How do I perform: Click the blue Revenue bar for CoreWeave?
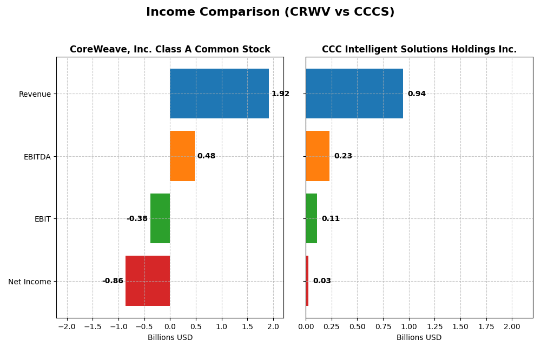point(219,94)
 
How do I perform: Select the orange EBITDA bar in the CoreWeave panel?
point(182,156)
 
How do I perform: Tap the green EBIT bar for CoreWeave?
point(160,218)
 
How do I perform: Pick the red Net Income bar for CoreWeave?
point(148,281)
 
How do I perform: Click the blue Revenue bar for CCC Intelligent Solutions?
point(354,94)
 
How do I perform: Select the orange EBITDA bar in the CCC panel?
point(318,156)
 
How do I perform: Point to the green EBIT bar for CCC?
point(311,218)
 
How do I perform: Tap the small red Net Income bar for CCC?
point(307,281)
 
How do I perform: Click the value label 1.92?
point(280,94)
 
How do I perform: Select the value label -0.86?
point(113,281)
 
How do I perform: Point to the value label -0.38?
point(137,219)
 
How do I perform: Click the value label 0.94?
point(417,94)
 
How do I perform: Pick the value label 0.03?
point(322,281)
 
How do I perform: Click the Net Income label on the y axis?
point(29,282)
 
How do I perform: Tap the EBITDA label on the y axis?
point(37,157)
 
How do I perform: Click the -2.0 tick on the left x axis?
point(67,327)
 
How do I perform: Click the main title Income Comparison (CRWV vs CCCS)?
point(270,12)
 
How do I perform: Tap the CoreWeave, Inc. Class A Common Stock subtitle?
point(170,50)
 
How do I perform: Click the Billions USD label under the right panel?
point(419,338)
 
